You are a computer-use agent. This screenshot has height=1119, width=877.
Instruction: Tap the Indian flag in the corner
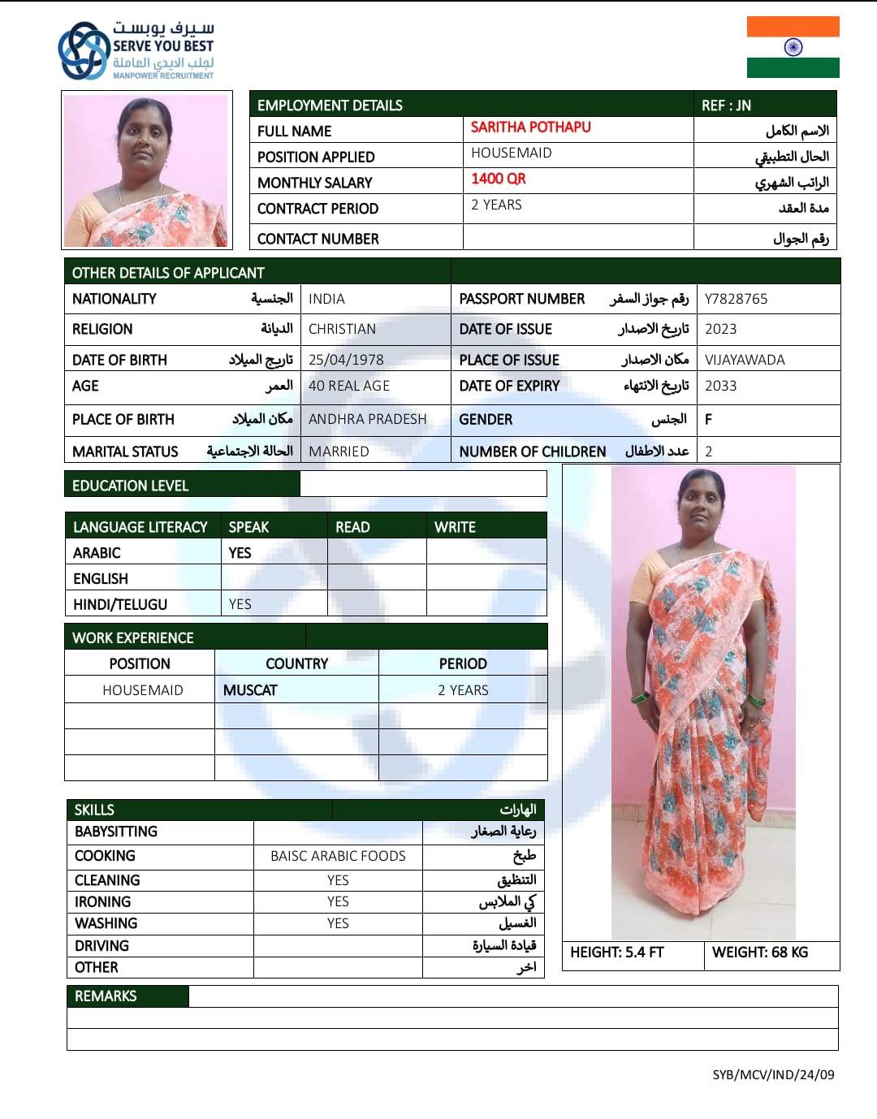point(793,47)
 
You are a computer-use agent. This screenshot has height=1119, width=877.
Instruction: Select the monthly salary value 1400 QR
point(498,179)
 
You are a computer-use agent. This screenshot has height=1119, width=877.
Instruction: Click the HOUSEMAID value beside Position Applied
point(511,153)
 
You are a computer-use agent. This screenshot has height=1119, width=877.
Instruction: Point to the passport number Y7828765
point(736,299)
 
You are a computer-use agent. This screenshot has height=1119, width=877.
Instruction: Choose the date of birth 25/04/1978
point(346,360)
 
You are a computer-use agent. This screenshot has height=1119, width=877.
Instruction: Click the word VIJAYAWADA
point(745,360)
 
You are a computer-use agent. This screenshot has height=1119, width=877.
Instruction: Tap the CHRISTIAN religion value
point(342,329)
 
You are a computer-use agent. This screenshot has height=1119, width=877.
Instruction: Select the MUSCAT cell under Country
point(250,690)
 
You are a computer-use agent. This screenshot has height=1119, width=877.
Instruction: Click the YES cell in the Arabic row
point(240,553)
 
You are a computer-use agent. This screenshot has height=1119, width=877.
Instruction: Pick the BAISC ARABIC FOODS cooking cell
point(338,856)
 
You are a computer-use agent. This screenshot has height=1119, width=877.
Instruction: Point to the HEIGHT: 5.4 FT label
point(616,953)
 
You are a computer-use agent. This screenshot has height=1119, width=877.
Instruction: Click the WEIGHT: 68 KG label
point(760,953)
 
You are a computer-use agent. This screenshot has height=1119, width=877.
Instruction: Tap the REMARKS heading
point(106,996)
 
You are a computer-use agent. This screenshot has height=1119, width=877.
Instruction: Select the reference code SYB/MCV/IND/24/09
point(773,1075)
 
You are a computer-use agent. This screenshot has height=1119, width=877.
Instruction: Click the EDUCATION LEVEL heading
point(130,486)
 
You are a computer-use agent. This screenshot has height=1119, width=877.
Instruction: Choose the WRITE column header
point(455,527)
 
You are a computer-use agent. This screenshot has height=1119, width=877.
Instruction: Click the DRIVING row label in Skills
point(102,946)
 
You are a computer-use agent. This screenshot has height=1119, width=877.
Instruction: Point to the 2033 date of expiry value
point(720,386)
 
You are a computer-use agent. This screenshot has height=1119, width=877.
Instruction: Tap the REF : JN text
point(726,106)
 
